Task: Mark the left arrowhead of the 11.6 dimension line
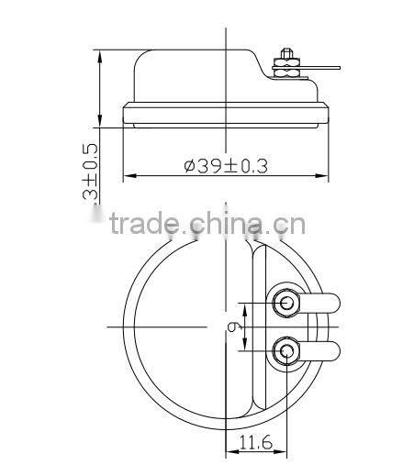pos(229,450)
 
